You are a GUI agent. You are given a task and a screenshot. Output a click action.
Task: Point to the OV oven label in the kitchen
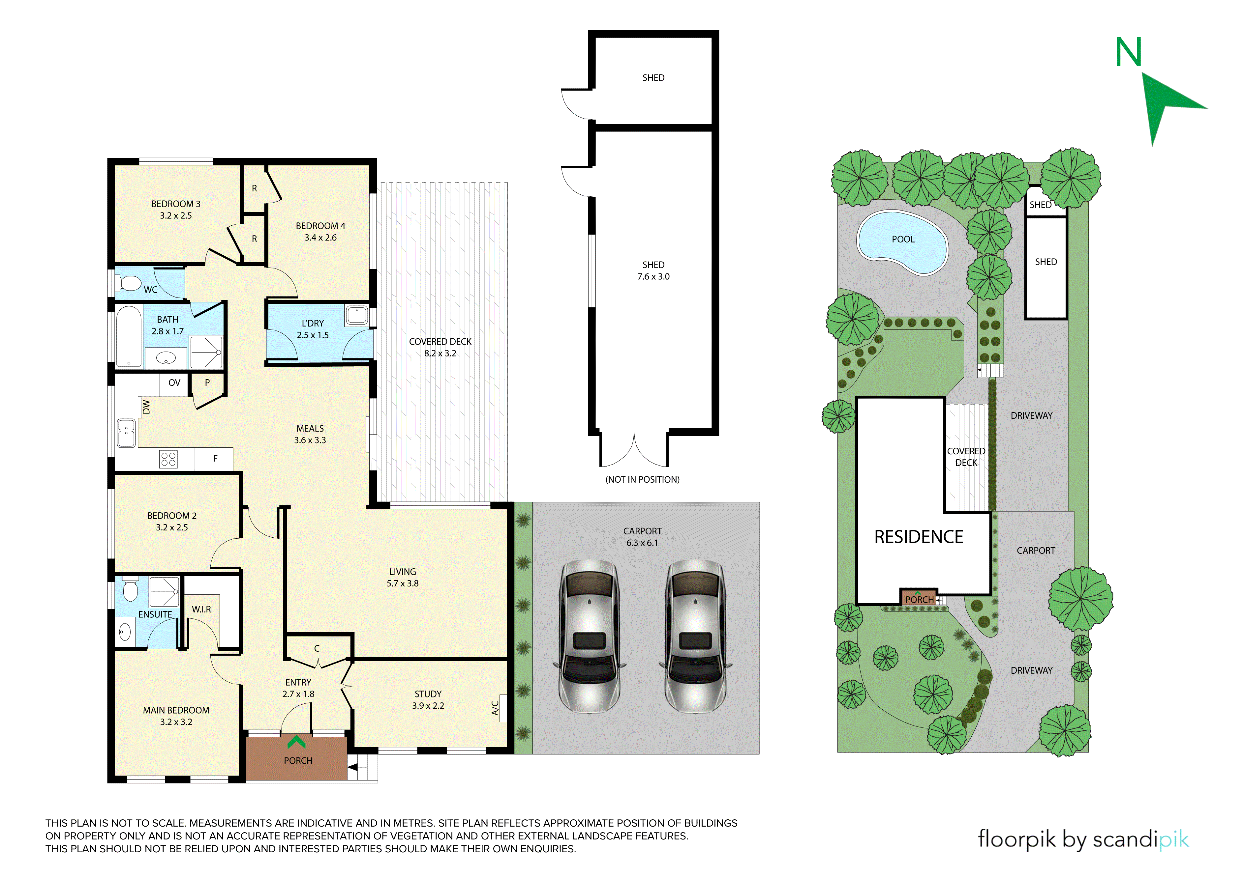[174, 382]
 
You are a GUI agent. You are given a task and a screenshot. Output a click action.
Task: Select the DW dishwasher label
[146, 407]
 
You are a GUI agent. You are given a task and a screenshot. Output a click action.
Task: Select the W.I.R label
[201, 609]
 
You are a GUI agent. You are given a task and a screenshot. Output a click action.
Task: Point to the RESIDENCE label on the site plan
[919, 537]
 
